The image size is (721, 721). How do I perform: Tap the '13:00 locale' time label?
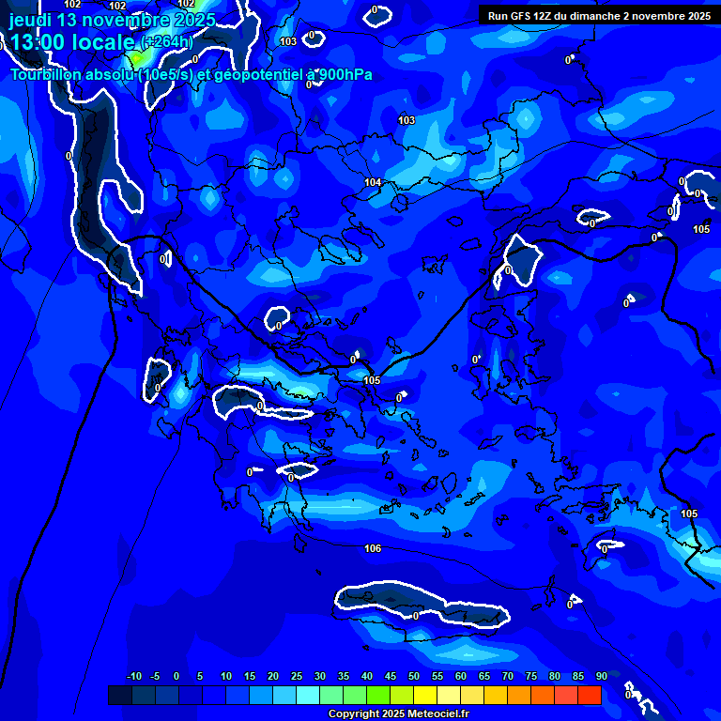coord(74,41)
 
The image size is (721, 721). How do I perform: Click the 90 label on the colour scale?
coord(601,676)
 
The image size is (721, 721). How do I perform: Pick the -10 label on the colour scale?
coord(133,676)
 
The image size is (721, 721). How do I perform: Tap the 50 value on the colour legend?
coord(414,676)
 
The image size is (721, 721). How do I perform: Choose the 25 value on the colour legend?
coord(297,676)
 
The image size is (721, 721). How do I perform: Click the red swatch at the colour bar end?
coord(590,695)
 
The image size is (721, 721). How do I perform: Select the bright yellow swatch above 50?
coord(425,695)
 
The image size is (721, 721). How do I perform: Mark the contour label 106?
coord(373,548)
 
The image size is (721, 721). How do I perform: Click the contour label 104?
coord(373,182)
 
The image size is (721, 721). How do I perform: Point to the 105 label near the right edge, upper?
coord(701,229)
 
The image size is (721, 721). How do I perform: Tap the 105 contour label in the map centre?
coord(372,380)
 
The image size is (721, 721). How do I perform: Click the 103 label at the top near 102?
coord(288,41)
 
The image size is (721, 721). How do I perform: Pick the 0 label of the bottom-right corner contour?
coord(628,696)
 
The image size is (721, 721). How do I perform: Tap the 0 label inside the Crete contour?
coord(416,616)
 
